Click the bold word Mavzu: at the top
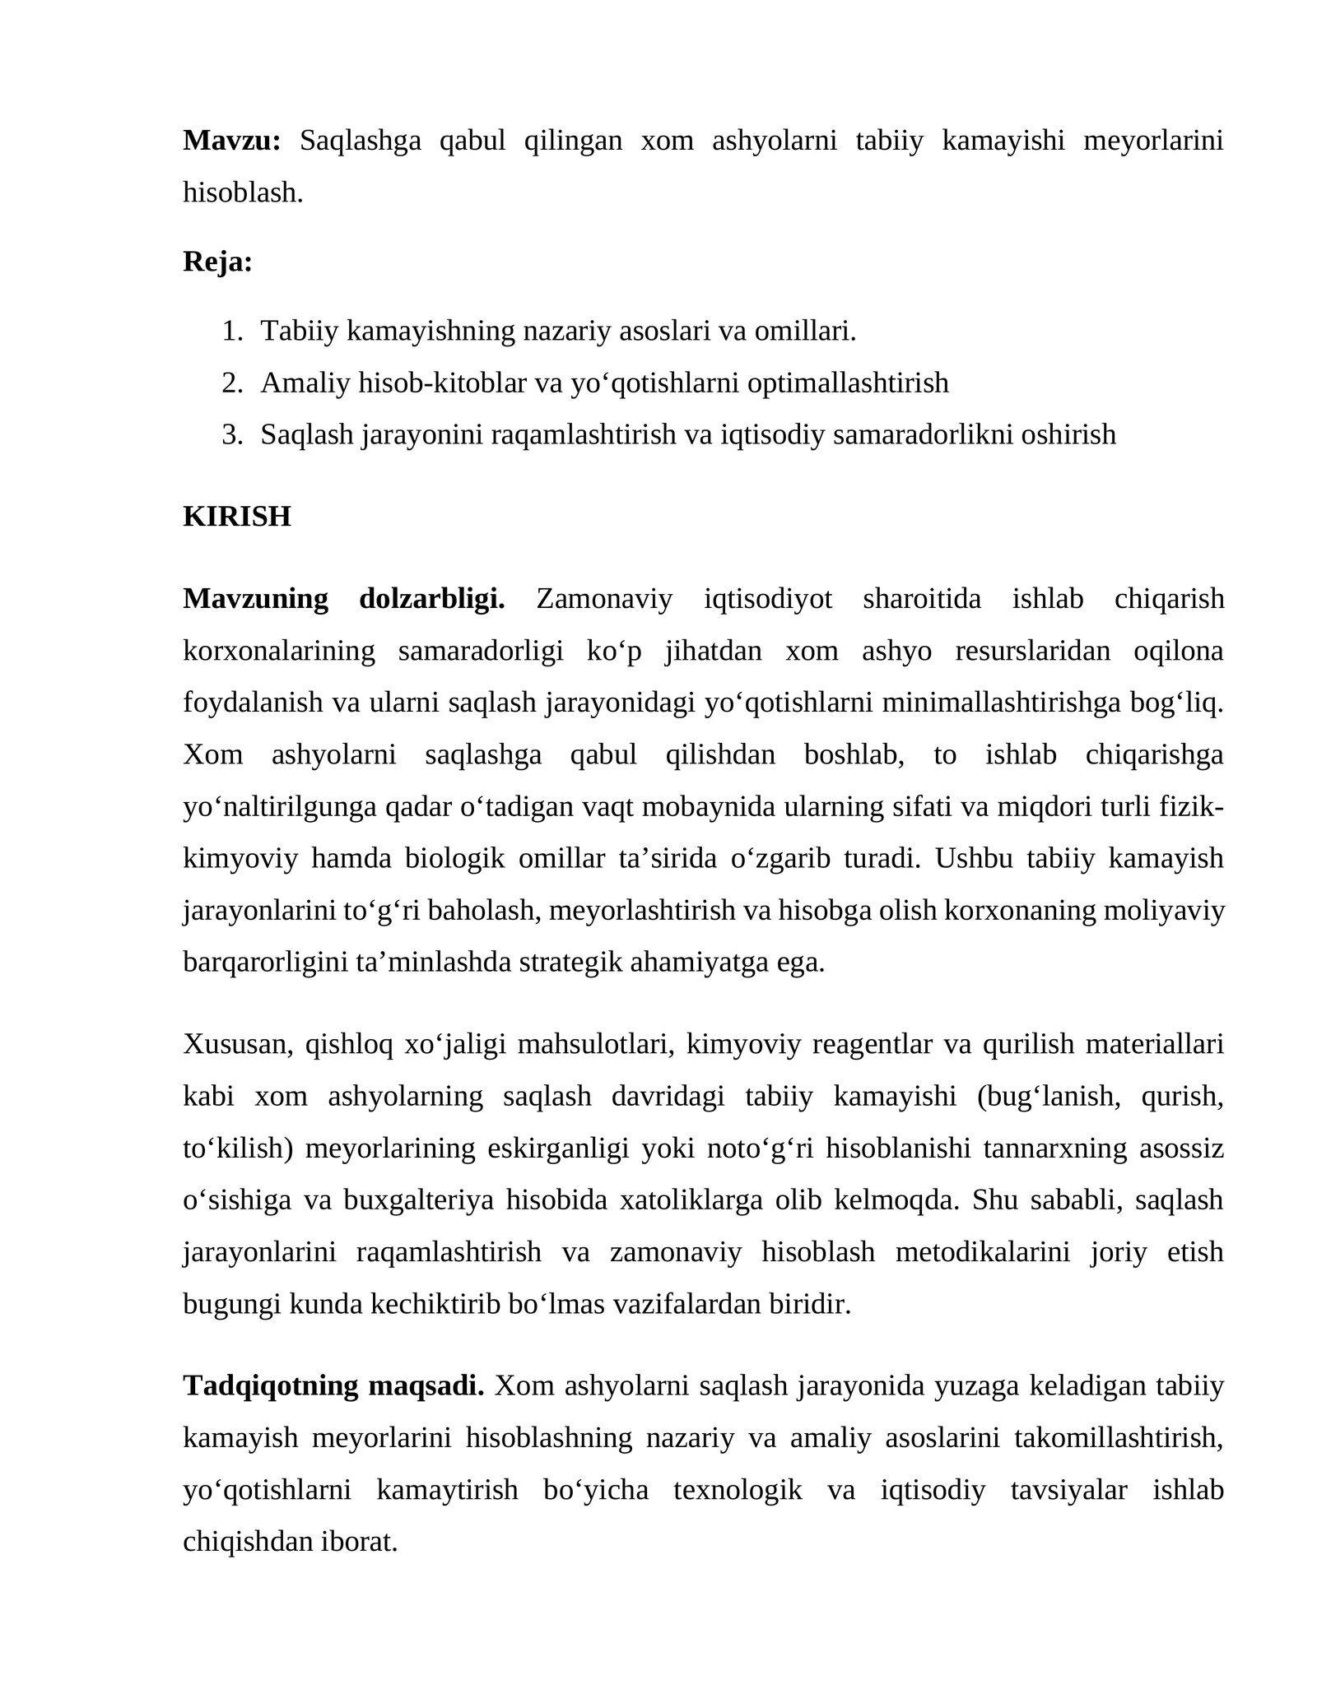click(231, 141)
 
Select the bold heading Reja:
click(217, 262)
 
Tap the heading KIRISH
click(237, 517)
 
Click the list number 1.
click(232, 331)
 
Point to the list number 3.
click(232, 434)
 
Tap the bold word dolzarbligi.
click(432, 599)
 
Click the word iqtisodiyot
click(768, 599)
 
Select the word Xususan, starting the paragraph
click(238, 1044)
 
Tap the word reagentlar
click(872, 1044)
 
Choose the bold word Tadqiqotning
click(271, 1386)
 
